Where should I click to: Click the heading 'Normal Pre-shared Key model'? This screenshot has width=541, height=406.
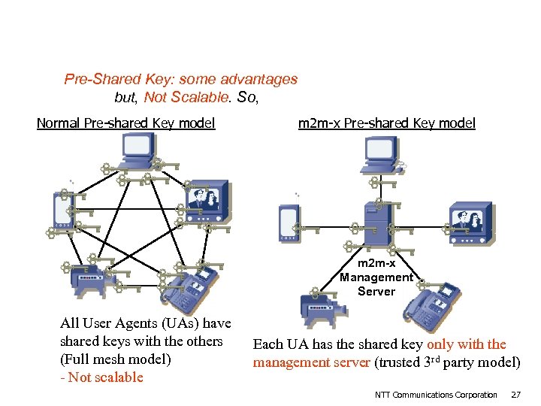pyautogui.click(x=125, y=123)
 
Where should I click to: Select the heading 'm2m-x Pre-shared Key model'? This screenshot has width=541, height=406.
pyautogui.click(x=386, y=123)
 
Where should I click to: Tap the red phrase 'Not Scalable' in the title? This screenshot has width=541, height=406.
pyautogui.click(x=186, y=97)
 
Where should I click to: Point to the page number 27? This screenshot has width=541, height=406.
pyautogui.click(x=515, y=395)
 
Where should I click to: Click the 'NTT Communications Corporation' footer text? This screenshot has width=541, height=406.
pyautogui.click(x=436, y=395)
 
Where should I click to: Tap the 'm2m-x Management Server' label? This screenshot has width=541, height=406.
pyautogui.click(x=376, y=277)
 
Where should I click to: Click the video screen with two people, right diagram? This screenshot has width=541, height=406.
pyautogui.click(x=470, y=221)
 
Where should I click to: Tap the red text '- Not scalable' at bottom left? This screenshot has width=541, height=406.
pyautogui.click(x=101, y=377)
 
